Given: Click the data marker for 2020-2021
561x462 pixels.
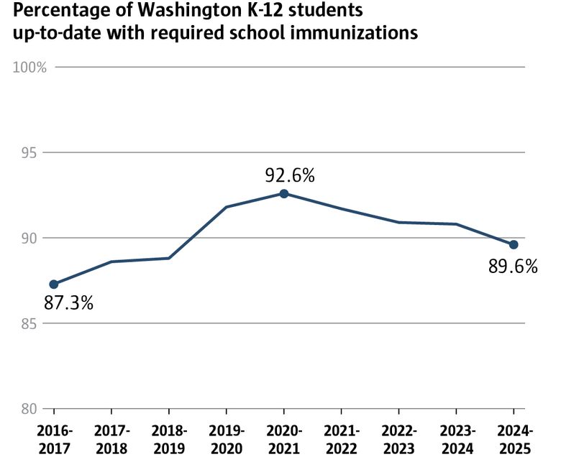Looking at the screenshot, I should point(284,194).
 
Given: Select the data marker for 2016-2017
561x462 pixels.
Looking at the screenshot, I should point(54,284).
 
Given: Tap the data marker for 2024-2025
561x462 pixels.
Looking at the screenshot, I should point(514,244).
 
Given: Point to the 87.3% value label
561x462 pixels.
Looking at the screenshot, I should point(69,303).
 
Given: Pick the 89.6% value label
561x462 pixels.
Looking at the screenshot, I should point(513,267).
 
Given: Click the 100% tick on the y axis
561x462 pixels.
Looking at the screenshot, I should point(31,68).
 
